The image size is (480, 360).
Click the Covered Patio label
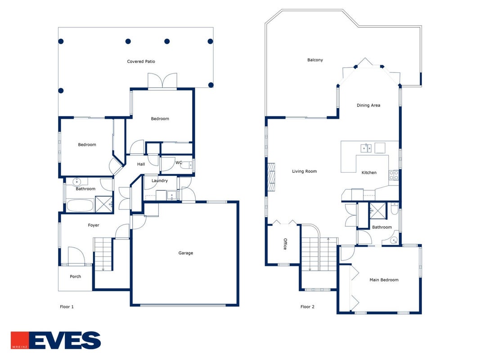coord(141,62)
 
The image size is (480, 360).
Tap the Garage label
coord(185,253)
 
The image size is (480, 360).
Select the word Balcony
coord(315,60)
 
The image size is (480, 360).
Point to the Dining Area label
coord(368,105)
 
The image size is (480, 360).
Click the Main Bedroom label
coord(384,280)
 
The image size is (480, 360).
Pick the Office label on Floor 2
coord(285,244)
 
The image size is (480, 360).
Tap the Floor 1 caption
coord(67,307)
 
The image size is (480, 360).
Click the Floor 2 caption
coord(307,307)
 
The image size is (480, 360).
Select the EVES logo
coord(56,340)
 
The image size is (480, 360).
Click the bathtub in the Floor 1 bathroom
coord(80,205)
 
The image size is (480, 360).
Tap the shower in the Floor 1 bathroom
coord(104,204)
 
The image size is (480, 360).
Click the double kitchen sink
coord(366,148)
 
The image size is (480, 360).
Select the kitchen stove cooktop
coord(394,175)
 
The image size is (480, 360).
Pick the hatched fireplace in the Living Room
coord(271,177)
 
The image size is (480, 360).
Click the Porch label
coord(75,277)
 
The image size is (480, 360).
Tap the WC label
coord(179,162)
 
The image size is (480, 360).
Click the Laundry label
coord(160,180)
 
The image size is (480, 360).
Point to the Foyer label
coord(94,225)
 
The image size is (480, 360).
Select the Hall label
coord(141,164)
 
